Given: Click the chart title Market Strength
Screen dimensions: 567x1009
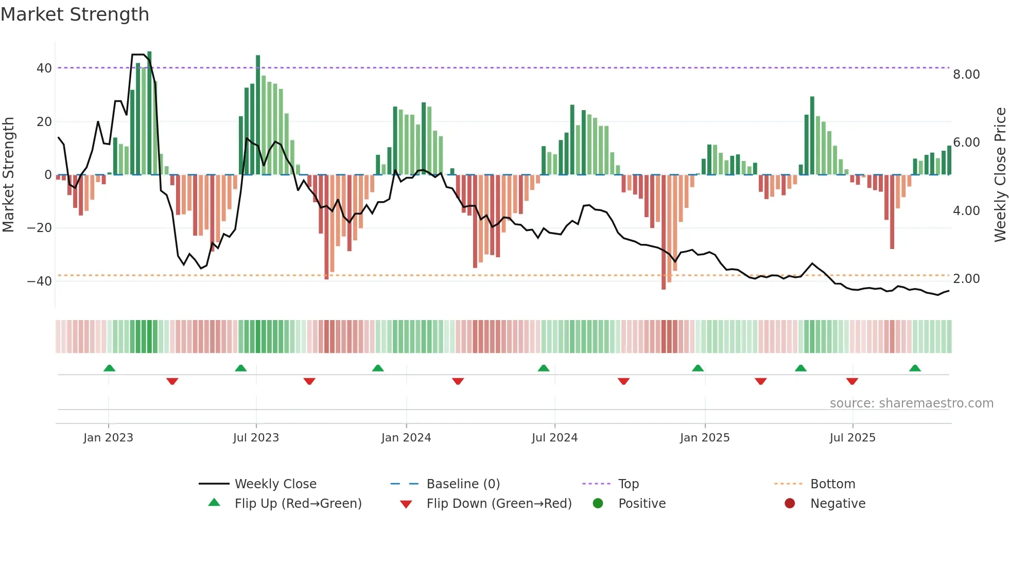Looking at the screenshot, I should click(x=75, y=14).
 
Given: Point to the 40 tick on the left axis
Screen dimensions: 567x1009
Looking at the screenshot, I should click(x=44, y=68).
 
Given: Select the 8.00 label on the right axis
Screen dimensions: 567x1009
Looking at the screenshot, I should click(x=966, y=75).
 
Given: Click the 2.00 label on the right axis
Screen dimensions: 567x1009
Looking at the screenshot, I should click(x=966, y=279).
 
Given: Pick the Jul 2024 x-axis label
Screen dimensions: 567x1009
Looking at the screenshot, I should click(x=554, y=438).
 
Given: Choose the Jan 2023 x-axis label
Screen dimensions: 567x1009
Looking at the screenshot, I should click(x=108, y=438).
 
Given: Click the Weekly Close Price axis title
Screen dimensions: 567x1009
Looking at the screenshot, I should click(x=1000, y=175).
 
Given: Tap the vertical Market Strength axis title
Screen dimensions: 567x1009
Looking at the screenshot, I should click(x=9, y=175).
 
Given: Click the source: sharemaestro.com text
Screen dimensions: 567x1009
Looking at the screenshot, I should click(x=911, y=403).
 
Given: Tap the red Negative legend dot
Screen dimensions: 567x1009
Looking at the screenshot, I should click(x=790, y=504).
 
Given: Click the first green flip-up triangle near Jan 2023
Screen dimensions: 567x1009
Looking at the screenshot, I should click(x=109, y=368).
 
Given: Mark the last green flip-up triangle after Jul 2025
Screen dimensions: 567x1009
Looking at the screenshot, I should click(x=915, y=368).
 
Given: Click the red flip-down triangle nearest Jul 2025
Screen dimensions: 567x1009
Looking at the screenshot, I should click(x=852, y=381).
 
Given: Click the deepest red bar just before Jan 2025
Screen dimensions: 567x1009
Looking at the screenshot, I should click(x=664, y=232).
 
